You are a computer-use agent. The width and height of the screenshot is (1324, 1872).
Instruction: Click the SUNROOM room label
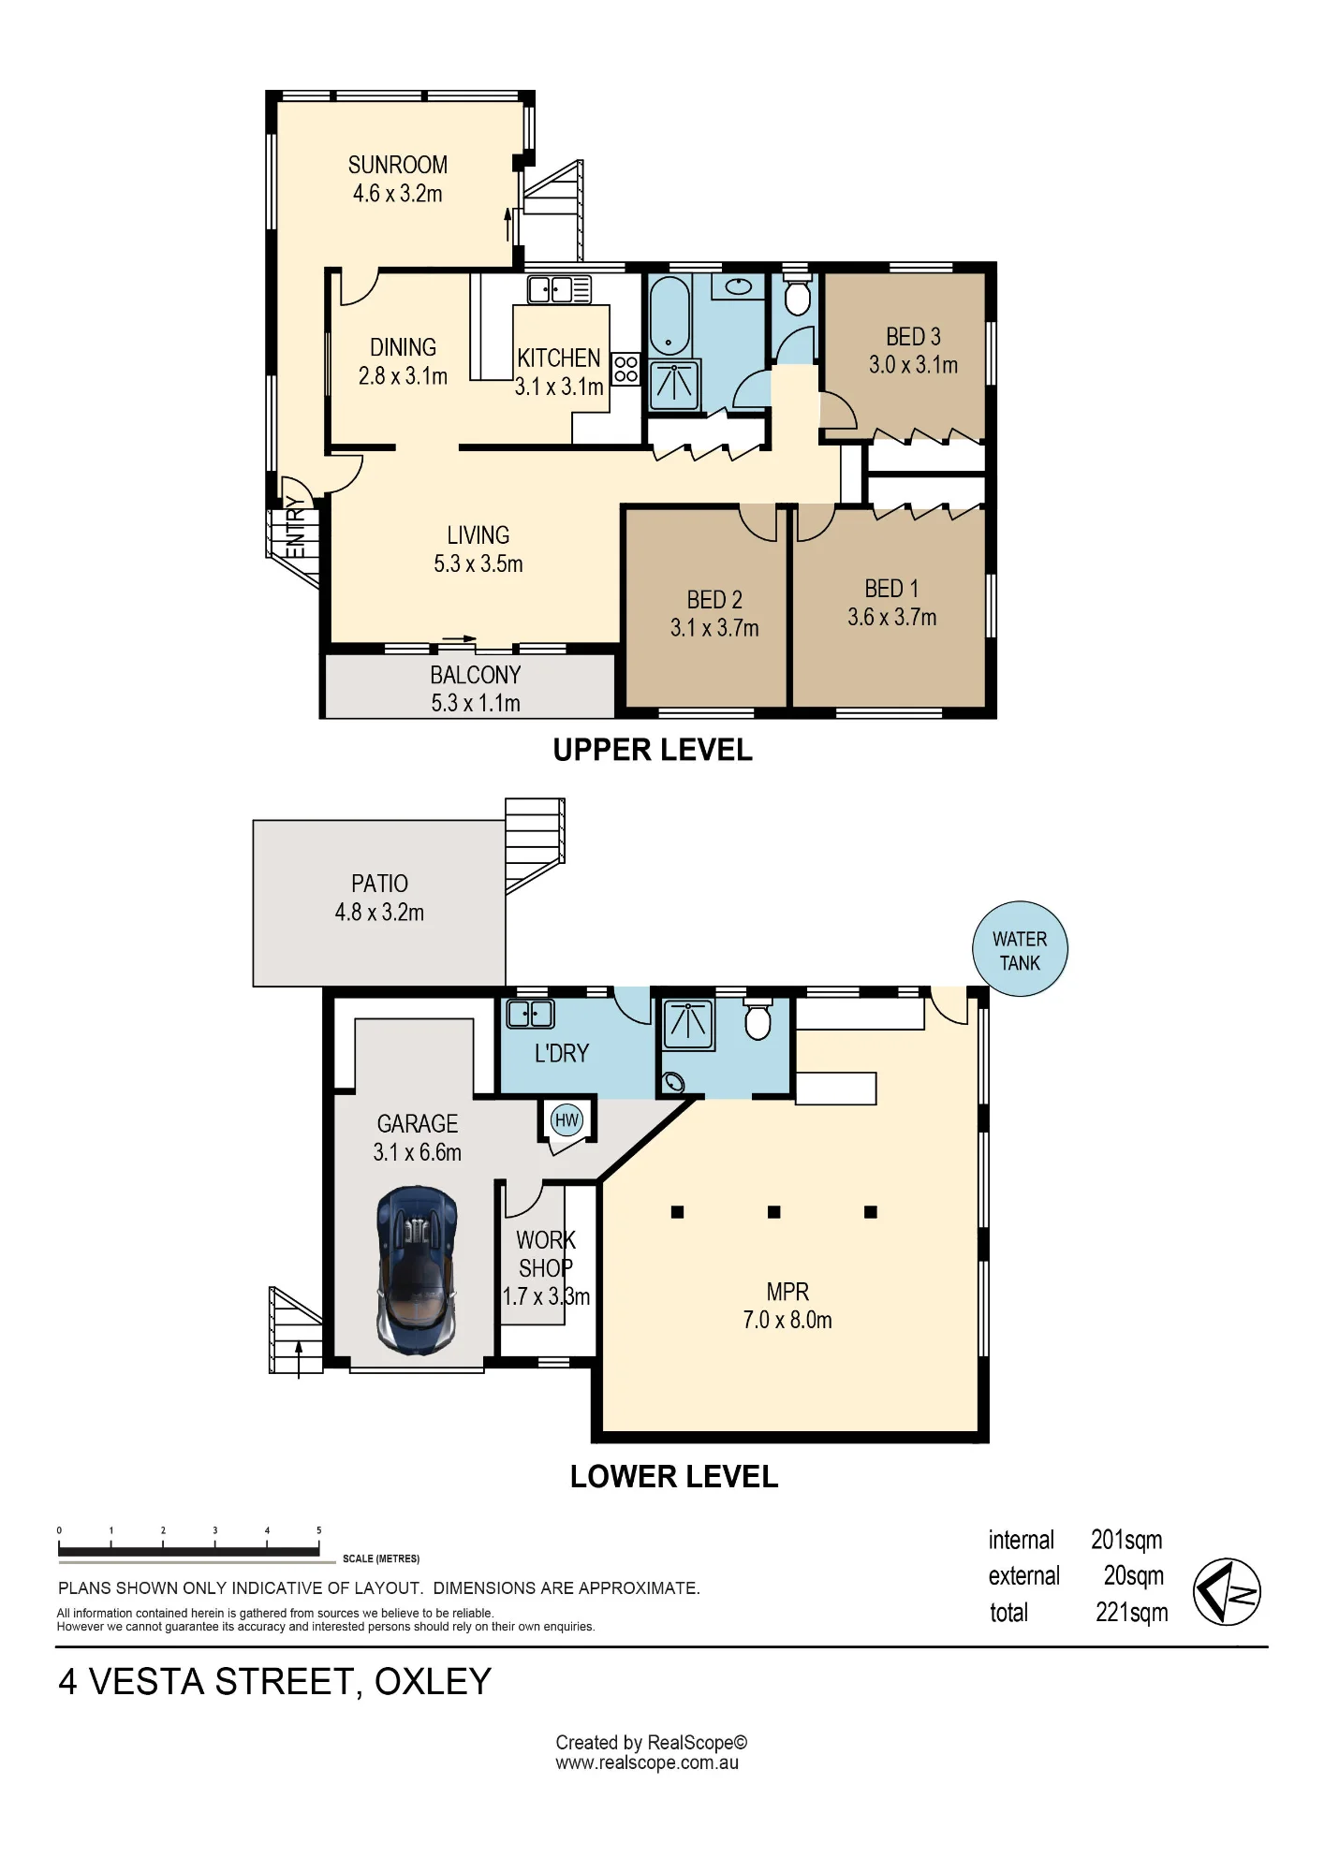[x=398, y=166]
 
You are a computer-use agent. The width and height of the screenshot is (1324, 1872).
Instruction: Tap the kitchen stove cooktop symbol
[x=626, y=370]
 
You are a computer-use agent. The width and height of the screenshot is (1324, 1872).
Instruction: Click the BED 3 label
[x=913, y=337]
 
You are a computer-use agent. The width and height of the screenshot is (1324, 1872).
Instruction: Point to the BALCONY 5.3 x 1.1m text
[x=476, y=689]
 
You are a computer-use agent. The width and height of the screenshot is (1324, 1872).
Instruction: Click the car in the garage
[x=417, y=1270]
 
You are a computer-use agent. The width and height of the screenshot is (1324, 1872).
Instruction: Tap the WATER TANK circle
[x=1020, y=950]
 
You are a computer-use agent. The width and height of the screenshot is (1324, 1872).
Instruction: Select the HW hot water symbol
[x=566, y=1120]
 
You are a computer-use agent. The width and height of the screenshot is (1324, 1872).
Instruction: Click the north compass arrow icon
[x=1227, y=1592]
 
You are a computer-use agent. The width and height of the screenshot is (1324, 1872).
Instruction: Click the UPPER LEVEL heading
[x=653, y=751]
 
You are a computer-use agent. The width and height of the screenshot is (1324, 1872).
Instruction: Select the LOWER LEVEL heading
[x=674, y=1477]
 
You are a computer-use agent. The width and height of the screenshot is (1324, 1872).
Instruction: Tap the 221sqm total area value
[x=1132, y=1613]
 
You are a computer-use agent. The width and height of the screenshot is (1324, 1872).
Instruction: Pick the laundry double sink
[x=530, y=1014]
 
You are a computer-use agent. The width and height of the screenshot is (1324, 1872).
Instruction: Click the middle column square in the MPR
[x=773, y=1212]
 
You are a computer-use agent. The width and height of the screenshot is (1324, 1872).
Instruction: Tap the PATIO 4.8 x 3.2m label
[x=379, y=898]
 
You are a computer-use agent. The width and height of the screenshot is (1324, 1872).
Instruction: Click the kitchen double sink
[x=559, y=289]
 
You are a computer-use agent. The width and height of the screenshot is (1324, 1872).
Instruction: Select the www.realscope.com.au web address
[x=647, y=1763]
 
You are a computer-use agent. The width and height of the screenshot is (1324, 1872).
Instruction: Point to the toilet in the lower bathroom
[x=758, y=1019]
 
